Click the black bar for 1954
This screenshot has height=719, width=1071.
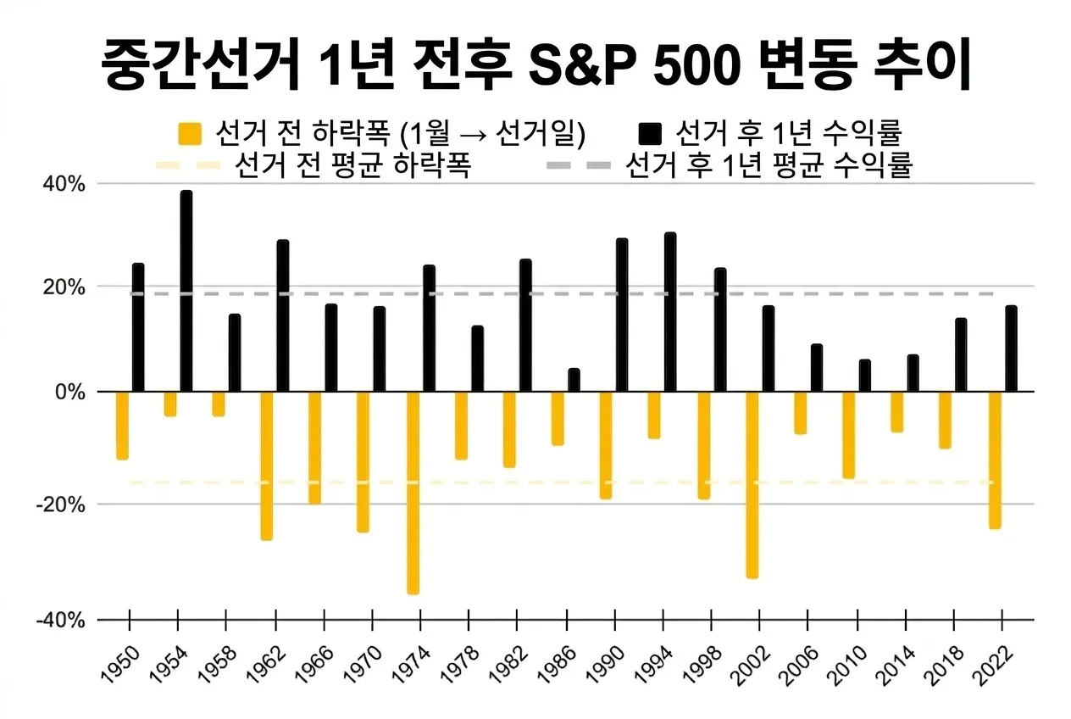(x=186, y=291)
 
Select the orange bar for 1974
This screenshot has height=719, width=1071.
(x=413, y=493)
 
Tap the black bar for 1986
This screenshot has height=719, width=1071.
(x=574, y=381)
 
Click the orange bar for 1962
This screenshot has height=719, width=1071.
(x=267, y=465)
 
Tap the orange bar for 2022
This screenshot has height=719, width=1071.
(x=995, y=460)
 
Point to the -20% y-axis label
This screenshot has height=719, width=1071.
(x=62, y=504)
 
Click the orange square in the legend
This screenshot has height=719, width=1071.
(x=191, y=134)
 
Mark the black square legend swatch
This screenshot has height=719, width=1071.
(x=650, y=134)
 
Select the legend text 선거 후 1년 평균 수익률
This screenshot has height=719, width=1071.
(x=768, y=164)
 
